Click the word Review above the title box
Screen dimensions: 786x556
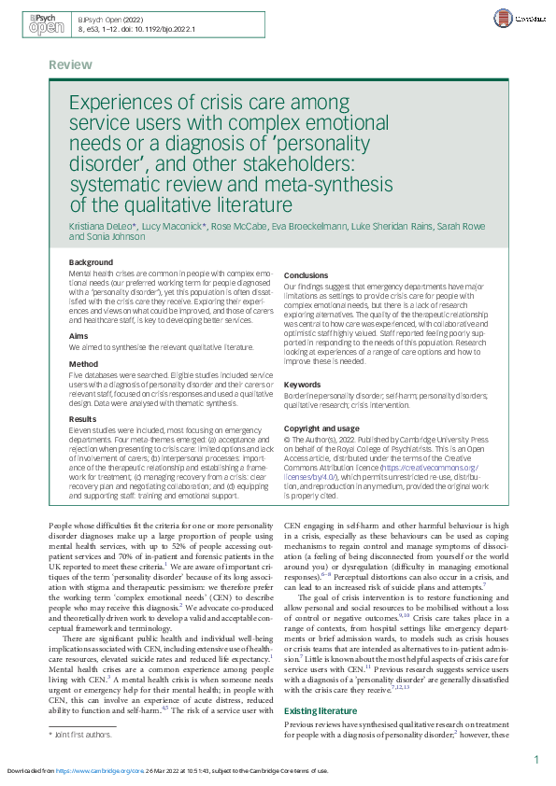click(x=71, y=64)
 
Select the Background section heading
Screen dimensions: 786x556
click(x=92, y=262)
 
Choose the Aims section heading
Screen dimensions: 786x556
click(x=79, y=335)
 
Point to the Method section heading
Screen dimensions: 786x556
click(x=84, y=363)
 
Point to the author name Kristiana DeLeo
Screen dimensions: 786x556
click(x=104, y=226)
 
